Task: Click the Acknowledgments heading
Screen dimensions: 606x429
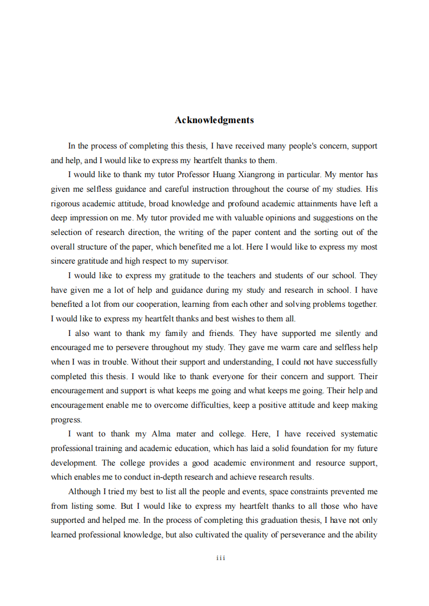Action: click(x=214, y=120)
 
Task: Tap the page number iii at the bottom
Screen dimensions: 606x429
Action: click(x=220, y=558)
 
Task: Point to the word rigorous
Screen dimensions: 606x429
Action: click(x=65, y=204)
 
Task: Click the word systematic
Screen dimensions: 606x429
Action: click(x=355, y=434)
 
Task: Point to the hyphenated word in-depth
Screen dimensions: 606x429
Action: click(x=184, y=477)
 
